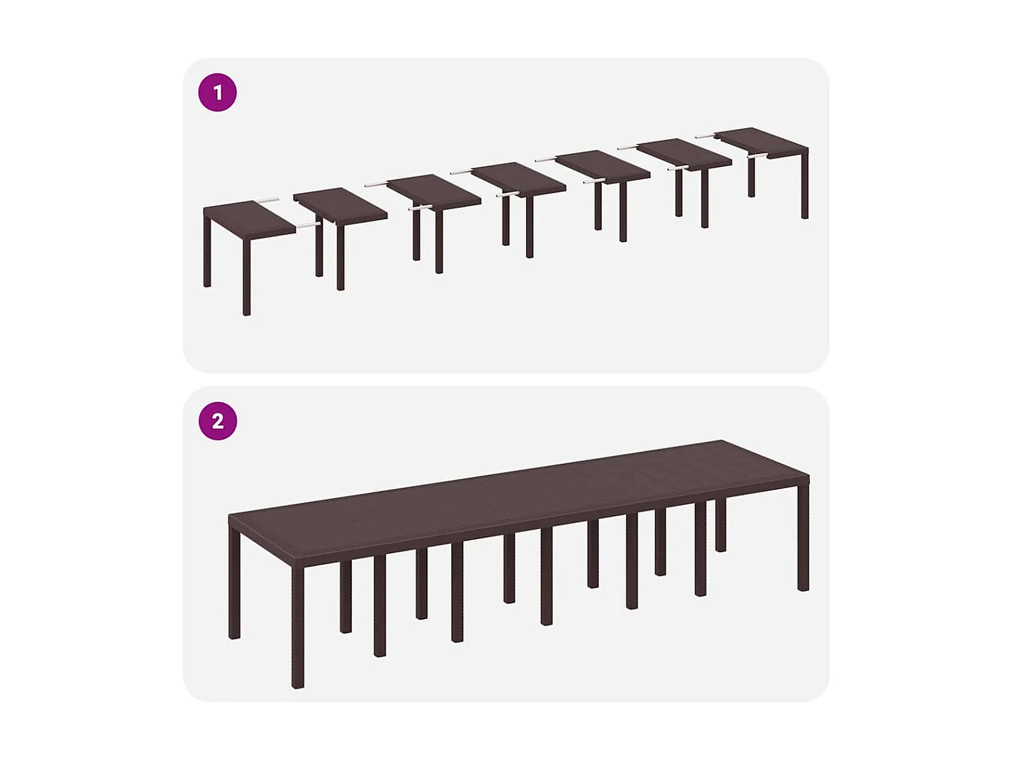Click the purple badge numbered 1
[x=217, y=93]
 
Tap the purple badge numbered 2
[x=217, y=421]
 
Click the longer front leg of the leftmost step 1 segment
[x=246, y=277]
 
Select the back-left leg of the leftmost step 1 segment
[x=207, y=250]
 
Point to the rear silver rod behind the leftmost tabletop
[x=267, y=200]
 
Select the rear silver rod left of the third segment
[x=375, y=184]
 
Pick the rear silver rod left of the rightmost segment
[x=705, y=136]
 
